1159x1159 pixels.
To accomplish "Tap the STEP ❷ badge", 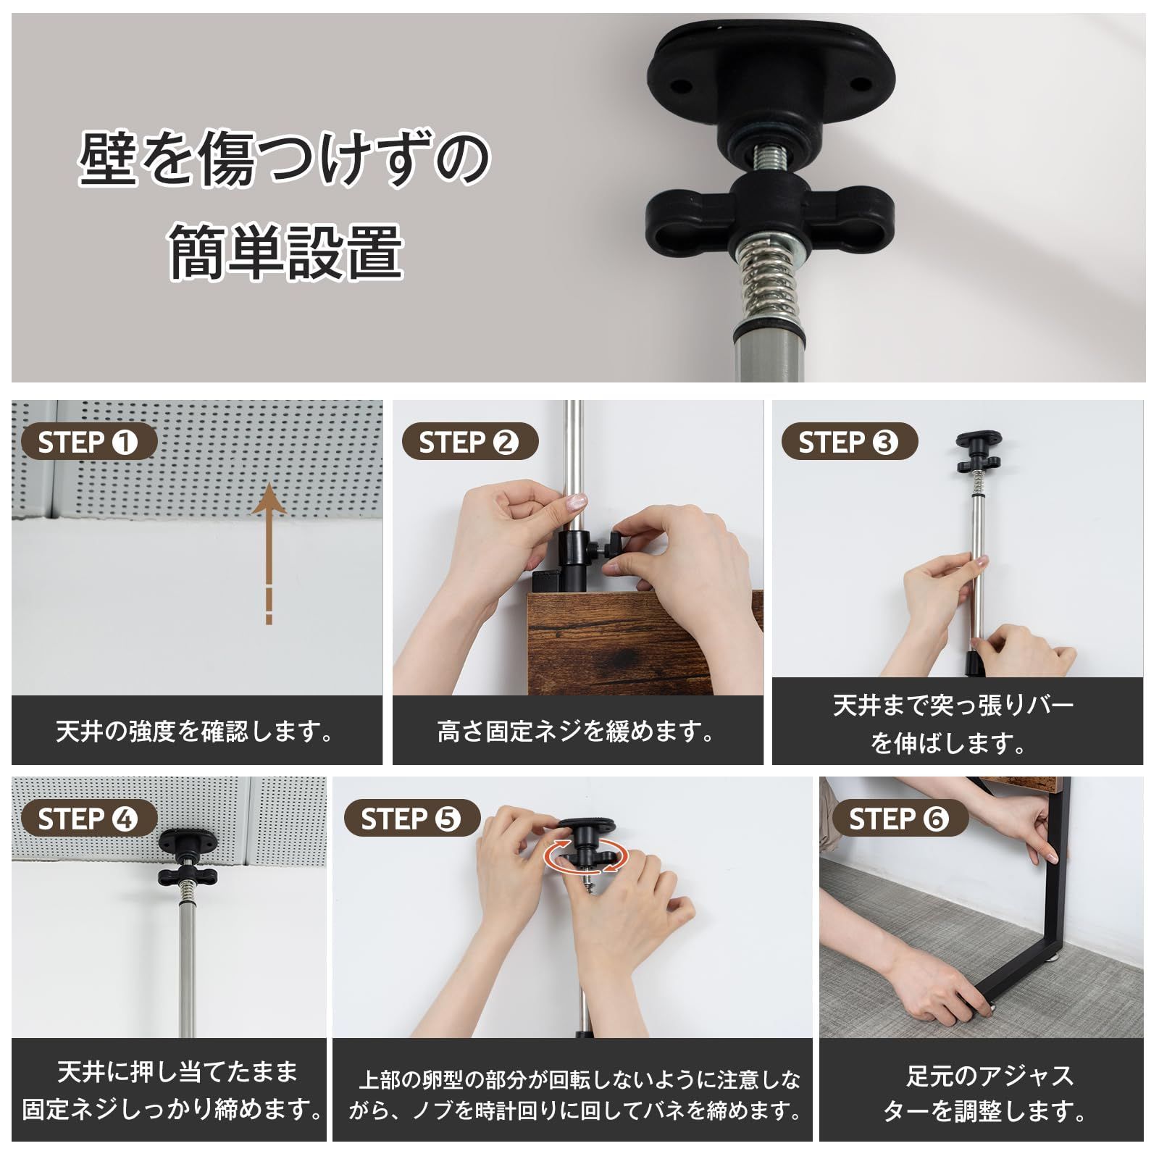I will click(469, 443).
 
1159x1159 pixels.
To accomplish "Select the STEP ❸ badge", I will click(849, 443).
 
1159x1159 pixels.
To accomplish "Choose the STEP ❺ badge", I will click(411, 819).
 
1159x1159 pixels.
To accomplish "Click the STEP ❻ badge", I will click(899, 819).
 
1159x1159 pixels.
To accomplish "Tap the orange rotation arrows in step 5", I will click(585, 856).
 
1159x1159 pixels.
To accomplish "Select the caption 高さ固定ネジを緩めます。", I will click(577, 732).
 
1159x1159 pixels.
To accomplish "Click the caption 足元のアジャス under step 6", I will click(989, 1076).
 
